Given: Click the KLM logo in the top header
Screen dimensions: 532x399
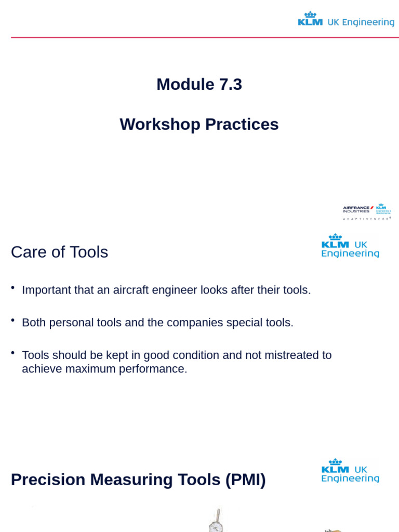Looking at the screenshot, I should (310, 19).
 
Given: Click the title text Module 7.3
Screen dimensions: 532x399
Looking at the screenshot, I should (199, 84).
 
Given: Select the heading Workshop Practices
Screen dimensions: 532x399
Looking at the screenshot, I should (199, 124).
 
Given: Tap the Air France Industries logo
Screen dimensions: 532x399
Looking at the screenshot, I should (358, 209).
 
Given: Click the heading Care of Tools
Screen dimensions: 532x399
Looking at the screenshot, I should (59, 252).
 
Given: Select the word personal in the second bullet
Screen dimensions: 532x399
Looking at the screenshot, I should (70, 323).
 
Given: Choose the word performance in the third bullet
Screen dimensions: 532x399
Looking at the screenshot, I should (152, 369).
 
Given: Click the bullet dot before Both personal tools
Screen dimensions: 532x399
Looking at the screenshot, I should (12, 320).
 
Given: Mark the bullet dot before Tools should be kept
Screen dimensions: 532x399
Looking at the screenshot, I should (12, 353).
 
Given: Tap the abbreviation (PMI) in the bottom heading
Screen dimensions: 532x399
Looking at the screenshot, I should (245, 480).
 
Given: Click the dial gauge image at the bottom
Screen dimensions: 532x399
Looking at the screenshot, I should (215, 522).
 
